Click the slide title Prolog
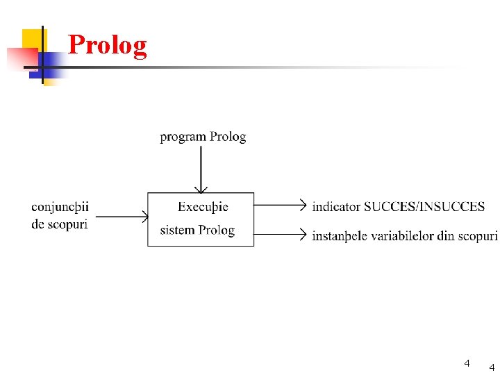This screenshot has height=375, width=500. pos(108,46)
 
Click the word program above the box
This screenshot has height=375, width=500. pos(183,137)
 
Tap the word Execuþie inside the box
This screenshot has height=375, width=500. pos(203,206)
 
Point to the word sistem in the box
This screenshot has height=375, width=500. pos(177,230)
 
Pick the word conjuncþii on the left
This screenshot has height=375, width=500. pos(60,206)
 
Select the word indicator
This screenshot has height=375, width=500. pos(336,206)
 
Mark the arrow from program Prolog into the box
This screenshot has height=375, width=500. pos(201,170)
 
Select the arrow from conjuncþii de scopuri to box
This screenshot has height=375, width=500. pos(122,217)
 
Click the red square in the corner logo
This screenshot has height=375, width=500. pos(19,60)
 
